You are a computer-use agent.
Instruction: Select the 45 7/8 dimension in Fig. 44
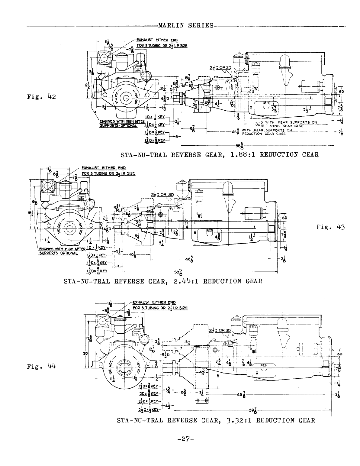(241, 394)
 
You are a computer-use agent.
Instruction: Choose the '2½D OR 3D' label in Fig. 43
(162, 194)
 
